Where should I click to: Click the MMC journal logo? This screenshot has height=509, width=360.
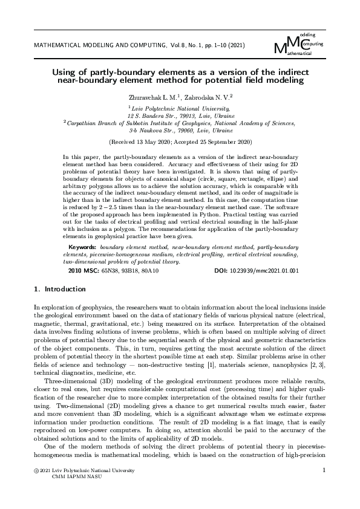(x=299, y=44)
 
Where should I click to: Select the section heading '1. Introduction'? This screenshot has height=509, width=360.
(x=60, y=290)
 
